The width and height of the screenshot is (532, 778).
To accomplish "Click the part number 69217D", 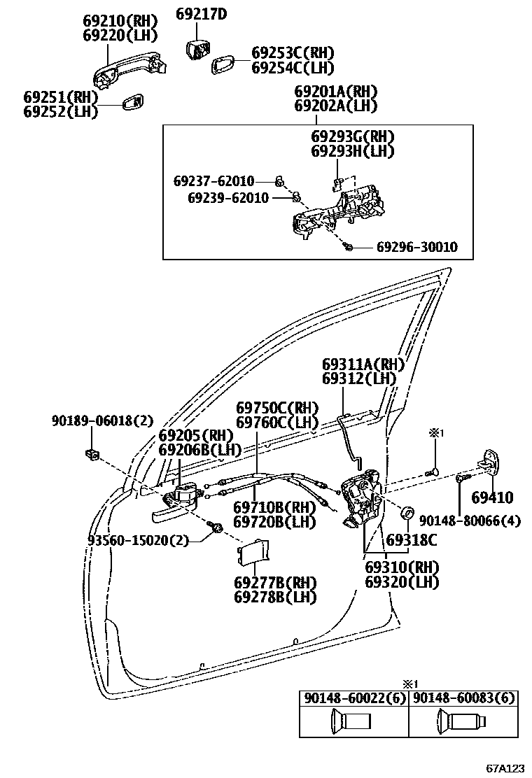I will (x=201, y=13).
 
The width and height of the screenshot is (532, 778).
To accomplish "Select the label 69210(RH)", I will (x=120, y=20).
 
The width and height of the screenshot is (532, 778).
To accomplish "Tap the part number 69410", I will (x=491, y=498).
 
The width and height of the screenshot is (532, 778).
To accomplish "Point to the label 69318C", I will (x=412, y=539).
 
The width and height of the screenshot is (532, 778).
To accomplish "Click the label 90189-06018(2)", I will (x=101, y=420).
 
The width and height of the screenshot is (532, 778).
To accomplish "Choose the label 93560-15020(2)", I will (x=139, y=539).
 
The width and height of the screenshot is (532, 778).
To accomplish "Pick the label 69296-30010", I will (x=416, y=247).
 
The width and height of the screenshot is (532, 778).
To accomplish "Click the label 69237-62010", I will (x=213, y=181).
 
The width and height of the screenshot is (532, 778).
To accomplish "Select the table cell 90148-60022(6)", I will (x=353, y=698).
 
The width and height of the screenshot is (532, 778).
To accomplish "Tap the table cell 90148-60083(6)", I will (x=463, y=698).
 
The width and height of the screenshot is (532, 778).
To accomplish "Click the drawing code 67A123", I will (x=506, y=768).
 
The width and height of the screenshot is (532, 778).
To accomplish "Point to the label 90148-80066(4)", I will (x=470, y=521).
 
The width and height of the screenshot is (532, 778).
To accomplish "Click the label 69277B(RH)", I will (x=275, y=583).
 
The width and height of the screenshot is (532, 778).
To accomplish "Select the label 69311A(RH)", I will (x=364, y=365).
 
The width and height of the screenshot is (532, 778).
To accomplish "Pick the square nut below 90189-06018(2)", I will (x=92, y=455).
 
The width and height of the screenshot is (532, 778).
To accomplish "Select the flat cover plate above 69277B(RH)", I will (x=253, y=553).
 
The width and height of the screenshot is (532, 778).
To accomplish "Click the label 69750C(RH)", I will (x=277, y=408).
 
